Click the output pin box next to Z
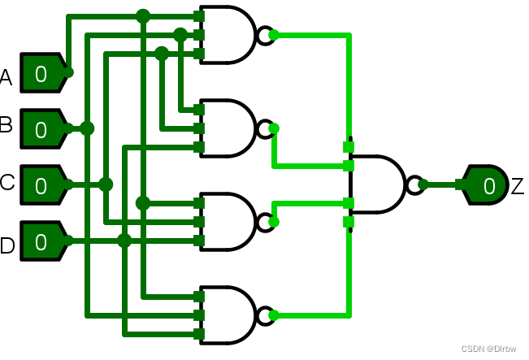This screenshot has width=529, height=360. pos(486,185)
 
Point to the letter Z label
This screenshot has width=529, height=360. pos(518,186)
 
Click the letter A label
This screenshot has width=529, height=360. pos(7,78)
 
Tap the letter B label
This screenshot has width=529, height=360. pos(7,126)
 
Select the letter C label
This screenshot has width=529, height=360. pos(7,183)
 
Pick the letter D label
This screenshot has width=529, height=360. pos(7,245)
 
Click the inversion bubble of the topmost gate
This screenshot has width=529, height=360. pos(265,35)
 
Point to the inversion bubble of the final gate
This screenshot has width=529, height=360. pos(414,184)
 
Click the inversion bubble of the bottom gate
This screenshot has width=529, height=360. pos(265,314)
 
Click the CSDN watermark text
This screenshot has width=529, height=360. pos(490,349)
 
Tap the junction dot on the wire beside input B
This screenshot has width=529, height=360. pos(87,128)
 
